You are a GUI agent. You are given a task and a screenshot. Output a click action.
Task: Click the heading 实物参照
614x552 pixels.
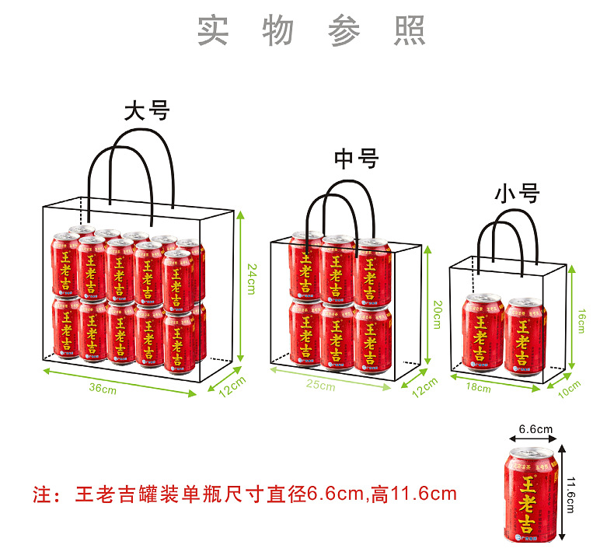point(311,30)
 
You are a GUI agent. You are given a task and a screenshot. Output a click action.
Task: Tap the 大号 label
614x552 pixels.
point(146,110)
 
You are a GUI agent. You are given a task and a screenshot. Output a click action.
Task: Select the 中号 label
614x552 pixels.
point(356,159)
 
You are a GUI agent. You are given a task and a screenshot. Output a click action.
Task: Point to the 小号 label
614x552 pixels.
point(517,194)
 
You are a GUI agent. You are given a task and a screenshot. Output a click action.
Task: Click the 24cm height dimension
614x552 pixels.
point(252,279)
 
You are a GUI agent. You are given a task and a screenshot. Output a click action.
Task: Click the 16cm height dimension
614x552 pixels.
point(582,319)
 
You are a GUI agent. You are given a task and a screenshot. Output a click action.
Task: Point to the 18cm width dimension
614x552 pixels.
point(478,386)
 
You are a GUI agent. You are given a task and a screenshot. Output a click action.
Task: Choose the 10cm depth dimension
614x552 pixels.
point(571,386)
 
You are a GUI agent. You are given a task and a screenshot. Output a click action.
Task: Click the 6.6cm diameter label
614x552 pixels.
point(535,428)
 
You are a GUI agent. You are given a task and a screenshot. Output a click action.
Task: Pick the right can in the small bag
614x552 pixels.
point(525,334)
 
